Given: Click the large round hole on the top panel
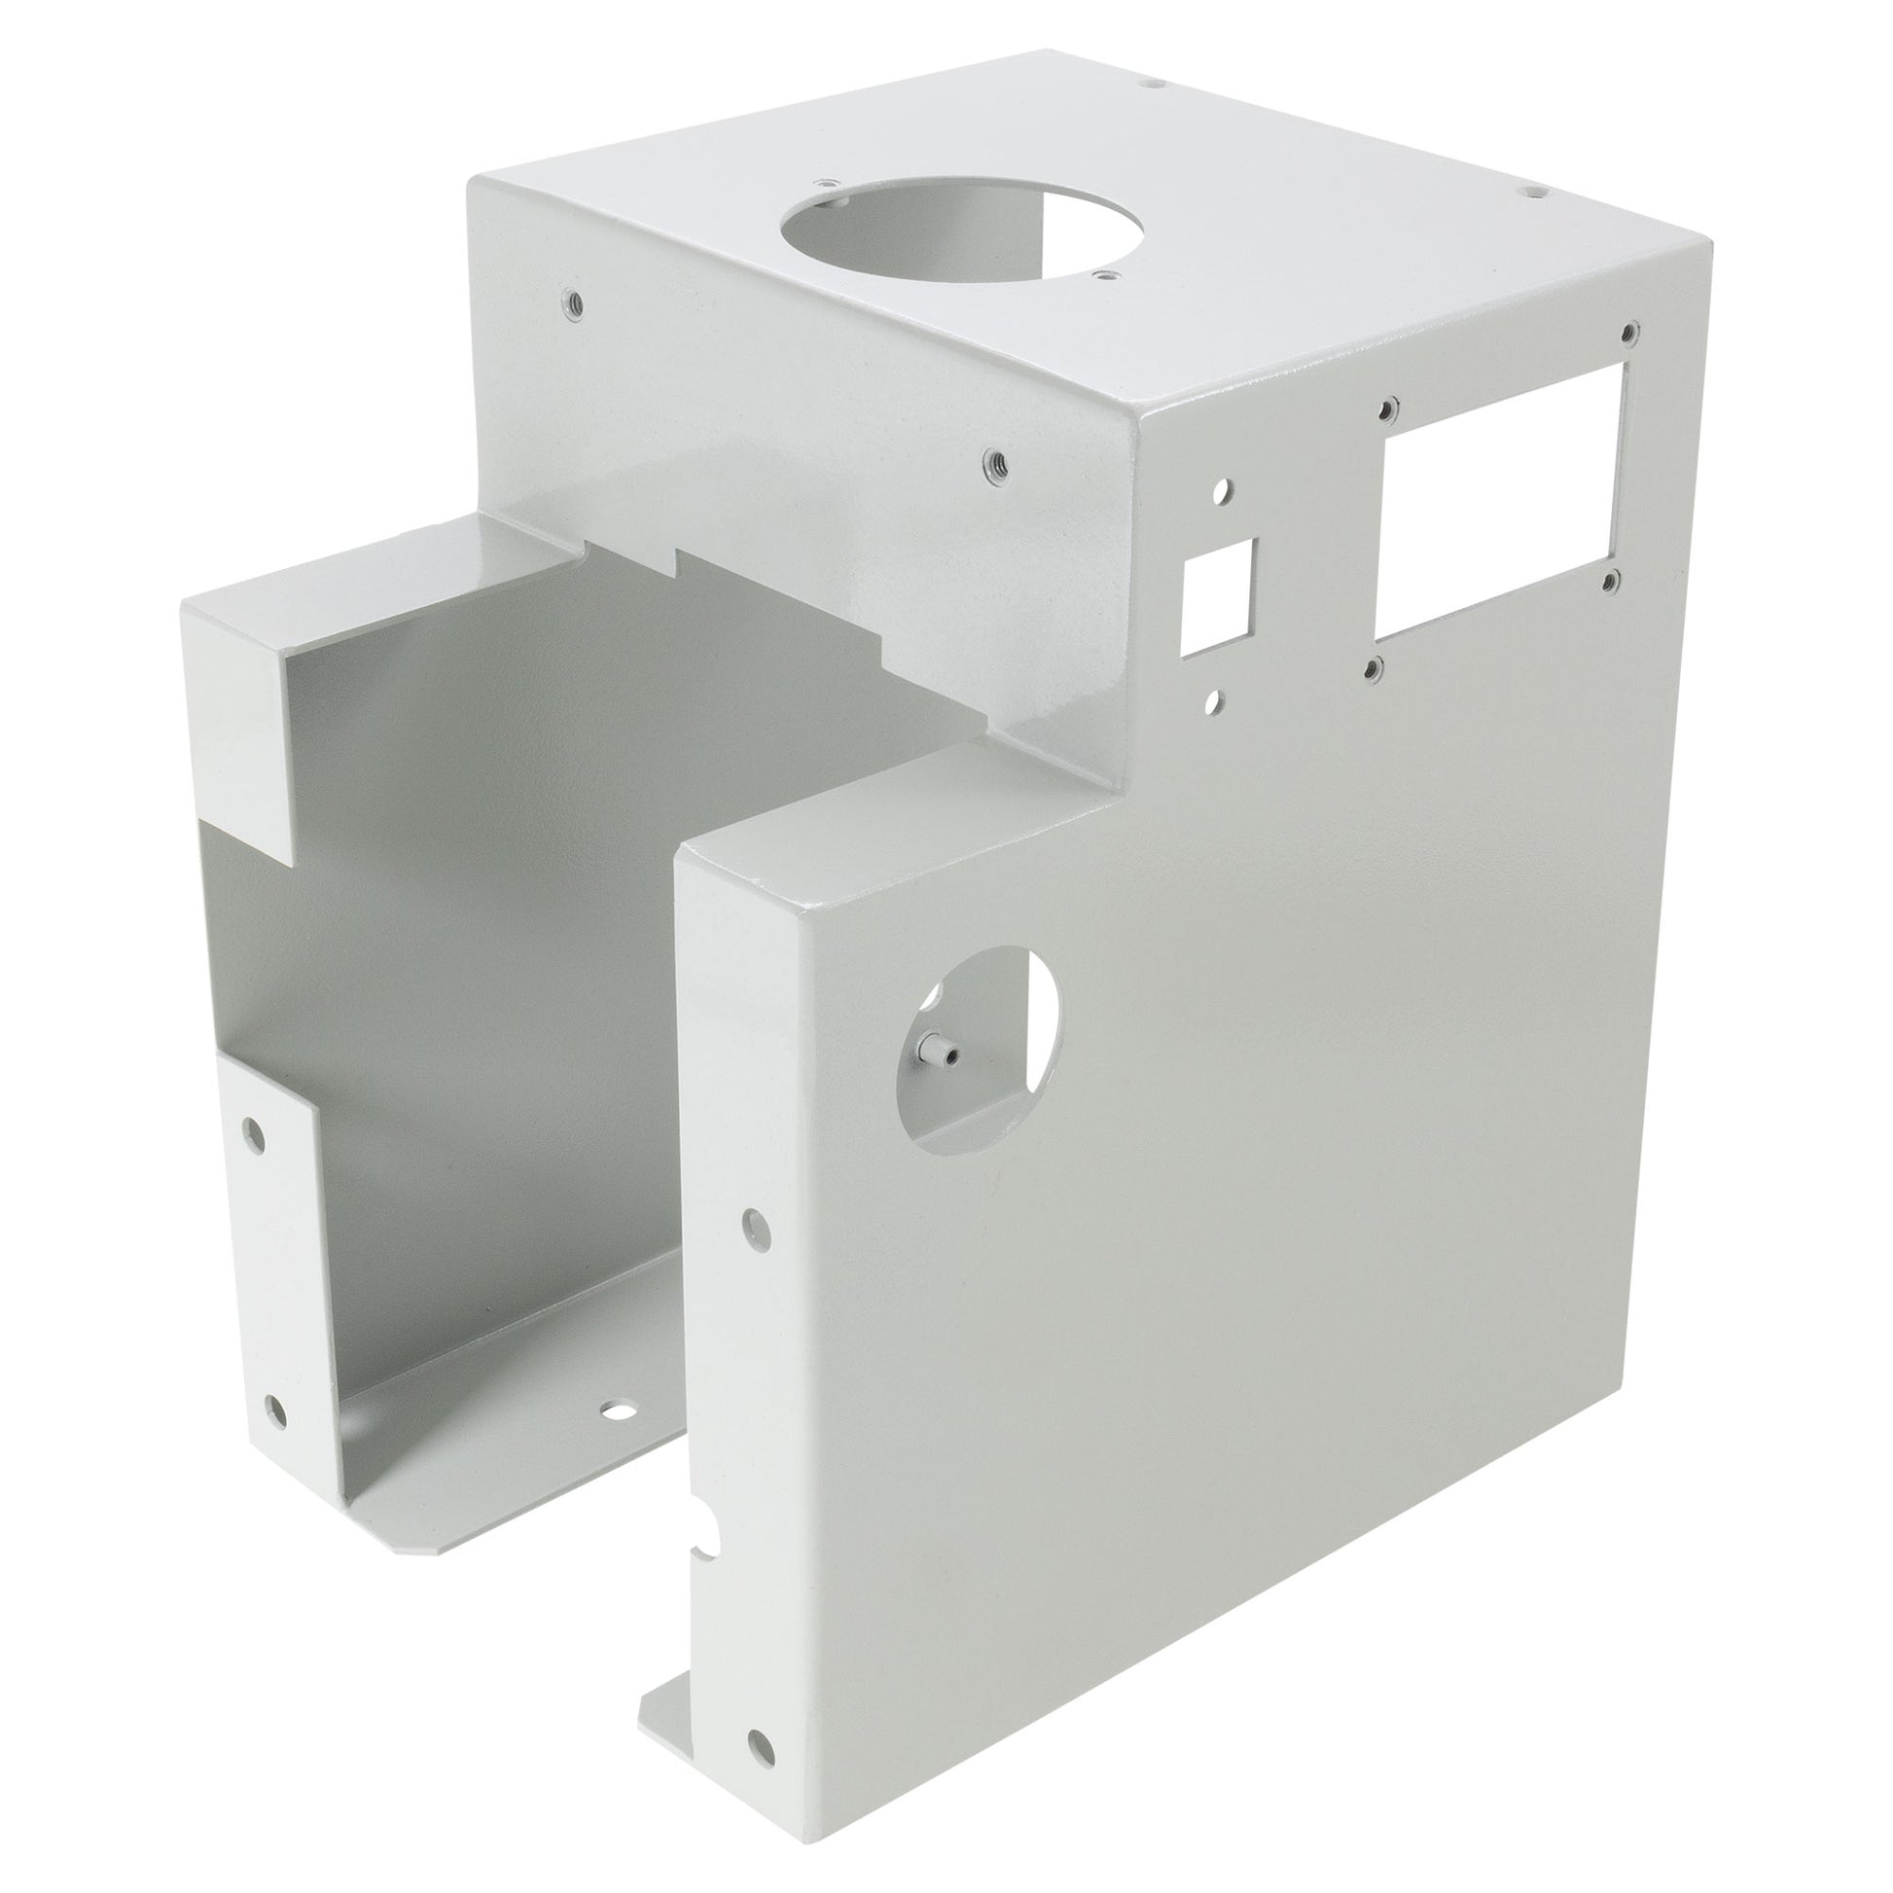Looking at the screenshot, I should tap(864, 226).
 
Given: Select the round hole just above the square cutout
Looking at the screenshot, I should tap(1223, 486).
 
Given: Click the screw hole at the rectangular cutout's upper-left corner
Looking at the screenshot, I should tap(1387, 406).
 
